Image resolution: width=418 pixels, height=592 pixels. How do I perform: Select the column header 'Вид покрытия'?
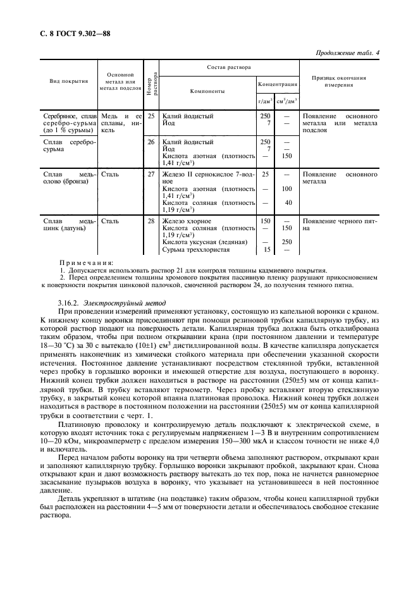(x=69, y=81)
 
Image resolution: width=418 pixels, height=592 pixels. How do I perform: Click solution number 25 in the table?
(x=151, y=116)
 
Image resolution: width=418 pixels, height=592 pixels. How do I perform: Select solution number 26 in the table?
(x=151, y=142)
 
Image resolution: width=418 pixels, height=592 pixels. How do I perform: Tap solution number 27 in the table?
(x=151, y=173)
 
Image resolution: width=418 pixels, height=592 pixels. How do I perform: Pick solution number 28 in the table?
(x=151, y=221)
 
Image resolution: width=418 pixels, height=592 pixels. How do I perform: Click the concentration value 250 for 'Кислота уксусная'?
(x=286, y=242)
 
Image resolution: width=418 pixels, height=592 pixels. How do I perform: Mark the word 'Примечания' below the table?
(x=86, y=262)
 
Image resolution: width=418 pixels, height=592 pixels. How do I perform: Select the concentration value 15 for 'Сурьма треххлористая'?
(x=267, y=250)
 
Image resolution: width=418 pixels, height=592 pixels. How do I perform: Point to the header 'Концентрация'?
(x=277, y=83)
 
